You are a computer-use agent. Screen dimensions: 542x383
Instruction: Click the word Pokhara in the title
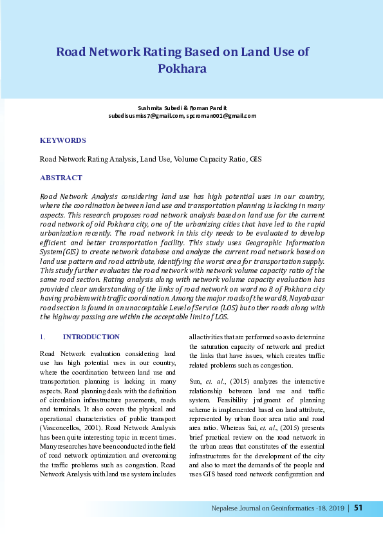point(182,68)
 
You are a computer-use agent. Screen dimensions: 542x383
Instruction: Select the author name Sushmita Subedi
point(157,107)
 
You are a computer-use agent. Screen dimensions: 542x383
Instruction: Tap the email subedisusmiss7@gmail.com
point(146,116)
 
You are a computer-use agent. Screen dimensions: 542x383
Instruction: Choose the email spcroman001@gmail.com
point(221,116)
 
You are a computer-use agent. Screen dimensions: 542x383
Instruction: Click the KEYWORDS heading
point(62,140)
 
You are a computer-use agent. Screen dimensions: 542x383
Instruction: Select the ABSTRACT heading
point(61,178)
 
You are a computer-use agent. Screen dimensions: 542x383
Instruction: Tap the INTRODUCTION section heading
point(91,337)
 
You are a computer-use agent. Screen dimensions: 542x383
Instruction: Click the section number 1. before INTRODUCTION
point(42,337)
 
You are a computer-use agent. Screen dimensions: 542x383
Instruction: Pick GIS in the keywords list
point(255,158)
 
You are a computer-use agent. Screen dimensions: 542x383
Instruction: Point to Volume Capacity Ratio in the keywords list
point(209,158)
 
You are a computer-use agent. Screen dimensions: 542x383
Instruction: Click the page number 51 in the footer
point(358,509)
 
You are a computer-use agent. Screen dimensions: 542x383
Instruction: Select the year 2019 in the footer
point(332,509)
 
